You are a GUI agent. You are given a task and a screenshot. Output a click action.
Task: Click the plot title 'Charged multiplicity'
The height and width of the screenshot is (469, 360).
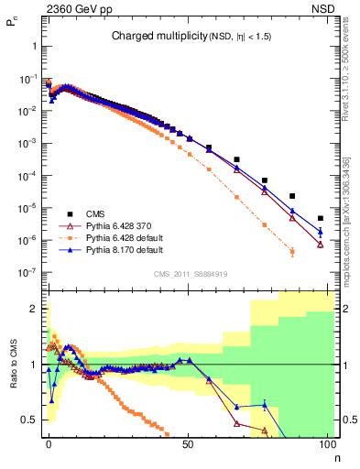[x=152, y=37]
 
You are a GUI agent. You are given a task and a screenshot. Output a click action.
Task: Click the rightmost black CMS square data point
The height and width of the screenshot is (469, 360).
[x=320, y=218]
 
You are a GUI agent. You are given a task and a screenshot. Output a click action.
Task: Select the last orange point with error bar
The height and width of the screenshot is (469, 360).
[x=292, y=251]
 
